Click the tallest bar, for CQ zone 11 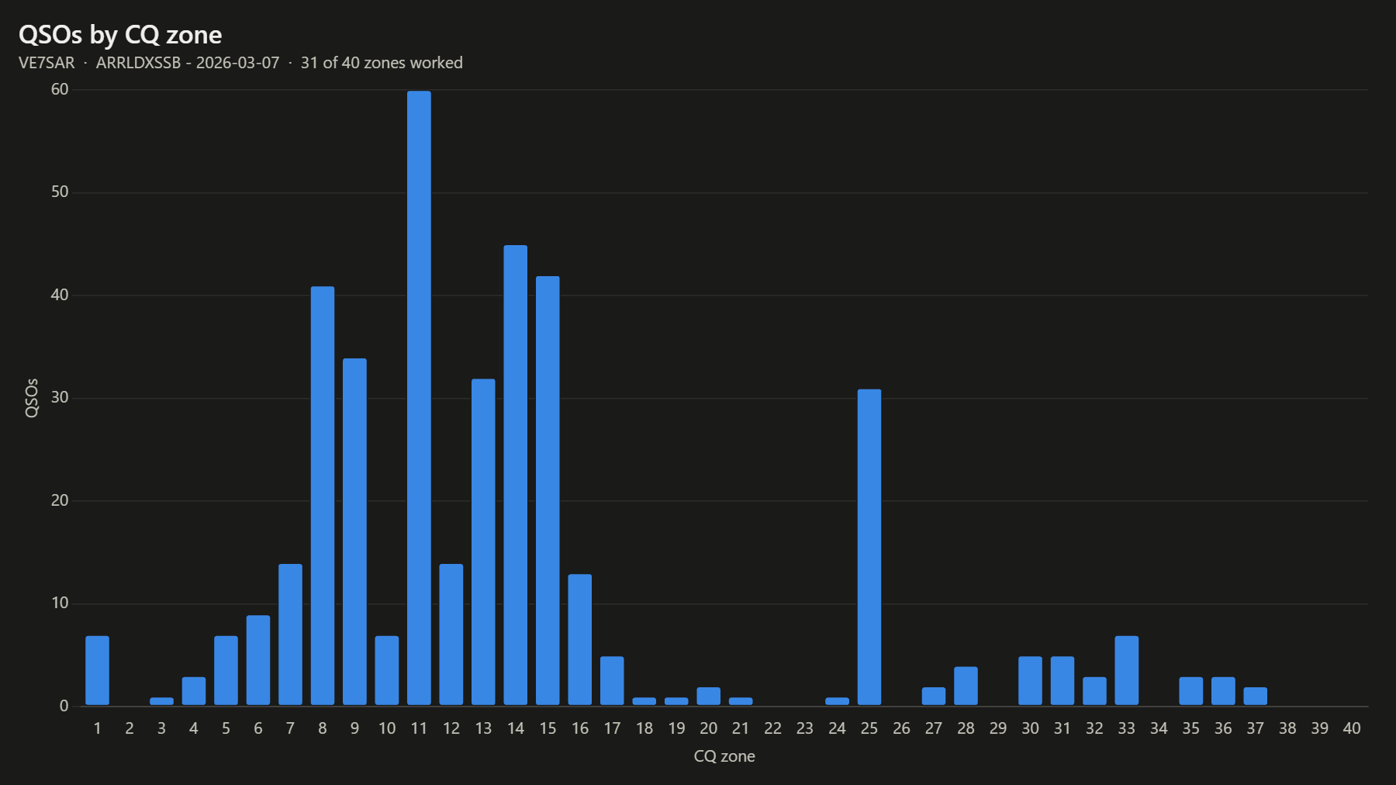(x=419, y=398)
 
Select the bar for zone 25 (x=869, y=547)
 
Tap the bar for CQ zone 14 (x=516, y=475)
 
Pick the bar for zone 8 (x=323, y=496)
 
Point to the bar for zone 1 (x=97, y=670)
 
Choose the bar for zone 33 (x=1127, y=670)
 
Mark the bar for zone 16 (x=580, y=639)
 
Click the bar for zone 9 (x=354, y=531)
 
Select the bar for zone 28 (x=966, y=686)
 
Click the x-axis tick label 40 (x=1352, y=728)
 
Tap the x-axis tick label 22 (x=772, y=728)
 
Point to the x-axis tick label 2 (x=130, y=728)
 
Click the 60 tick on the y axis (x=60, y=89)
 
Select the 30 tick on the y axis (x=60, y=397)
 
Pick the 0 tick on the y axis (x=64, y=706)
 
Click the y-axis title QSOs (x=32, y=398)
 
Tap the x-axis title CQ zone (x=724, y=756)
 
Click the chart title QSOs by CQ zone (x=120, y=35)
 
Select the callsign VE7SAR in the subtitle (x=47, y=63)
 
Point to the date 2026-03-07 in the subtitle (x=237, y=63)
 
